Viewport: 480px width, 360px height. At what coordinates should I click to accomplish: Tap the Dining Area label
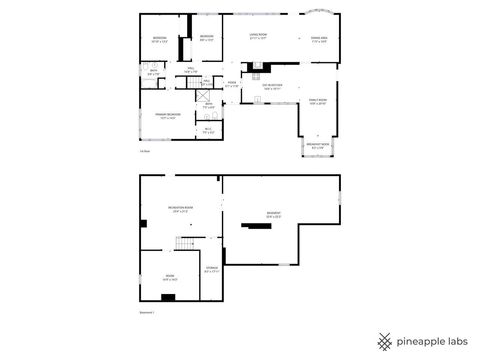coord(319,40)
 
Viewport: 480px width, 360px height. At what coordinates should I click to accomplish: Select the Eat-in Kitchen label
coord(272,86)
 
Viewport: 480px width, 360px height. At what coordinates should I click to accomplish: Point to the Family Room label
coord(317,103)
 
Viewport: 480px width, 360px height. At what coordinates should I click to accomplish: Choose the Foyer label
coord(231,84)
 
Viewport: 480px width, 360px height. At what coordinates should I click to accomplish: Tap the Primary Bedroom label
coord(153,116)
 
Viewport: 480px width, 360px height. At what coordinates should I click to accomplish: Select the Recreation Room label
coord(182,209)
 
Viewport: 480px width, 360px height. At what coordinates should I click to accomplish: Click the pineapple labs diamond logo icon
coord(383,340)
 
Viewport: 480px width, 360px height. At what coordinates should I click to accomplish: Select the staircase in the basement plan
coord(183,245)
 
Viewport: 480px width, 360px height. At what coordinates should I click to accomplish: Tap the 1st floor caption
coord(145,151)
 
